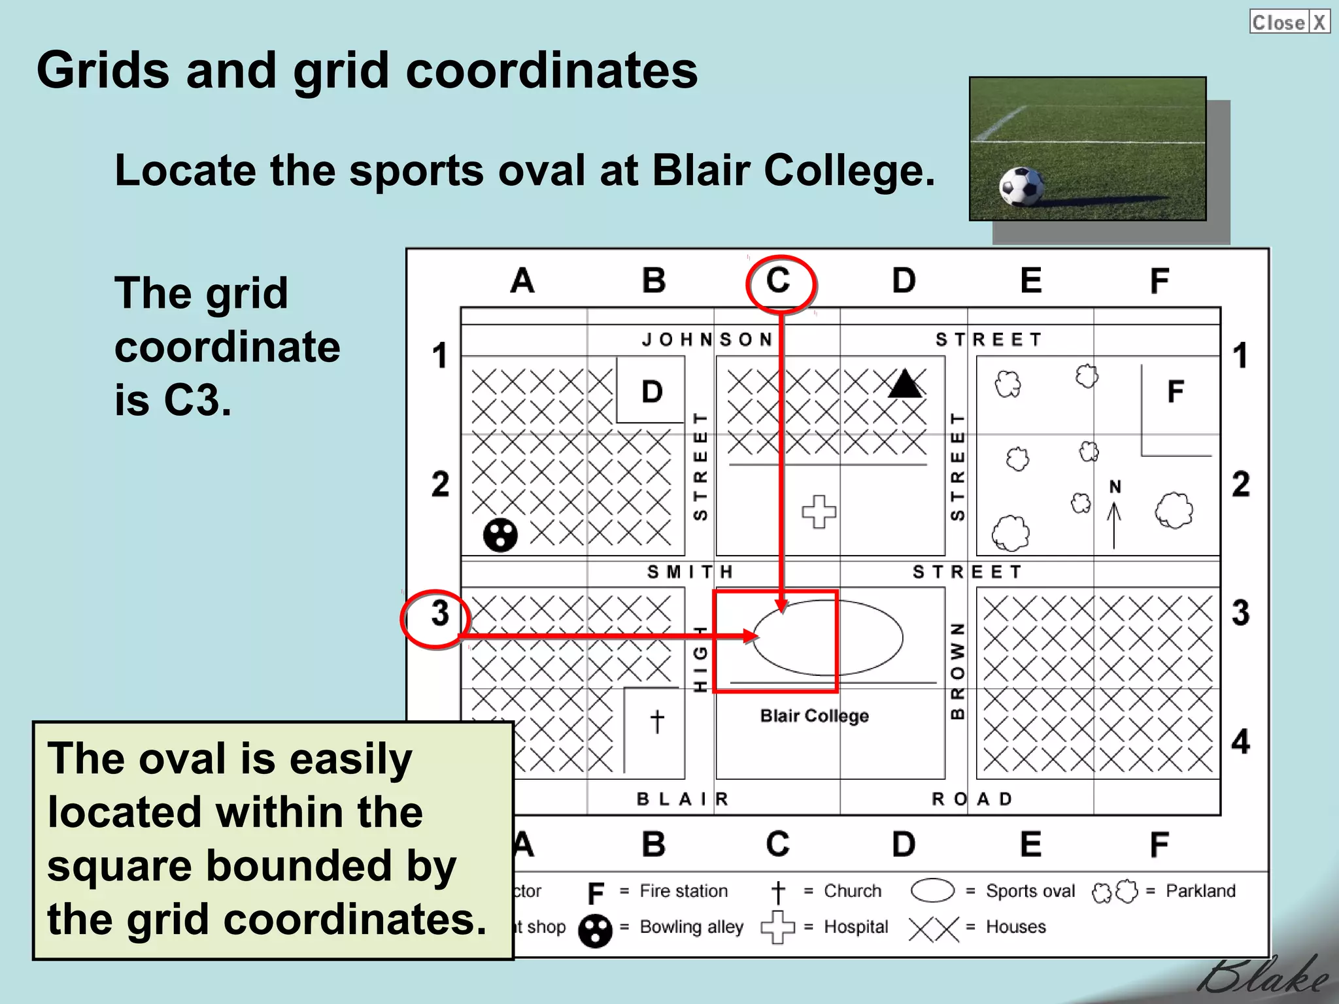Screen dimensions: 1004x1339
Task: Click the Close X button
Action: [1289, 22]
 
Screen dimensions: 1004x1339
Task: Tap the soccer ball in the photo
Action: [1021, 186]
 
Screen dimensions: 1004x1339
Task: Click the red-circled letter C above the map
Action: [779, 282]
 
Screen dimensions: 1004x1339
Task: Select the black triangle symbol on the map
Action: [905, 384]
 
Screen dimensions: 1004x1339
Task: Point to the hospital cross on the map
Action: [819, 511]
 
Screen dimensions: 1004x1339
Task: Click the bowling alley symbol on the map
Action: [500, 535]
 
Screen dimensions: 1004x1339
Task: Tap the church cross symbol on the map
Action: [657, 722]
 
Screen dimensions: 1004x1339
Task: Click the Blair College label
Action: [814, 716]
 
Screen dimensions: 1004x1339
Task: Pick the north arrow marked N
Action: [1115, 516]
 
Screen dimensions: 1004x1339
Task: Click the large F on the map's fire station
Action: [1176, 392]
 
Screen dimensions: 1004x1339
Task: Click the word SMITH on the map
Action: [690, 573]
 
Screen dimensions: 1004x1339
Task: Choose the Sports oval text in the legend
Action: [1030, 891]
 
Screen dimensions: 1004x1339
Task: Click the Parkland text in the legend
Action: [1200, 891]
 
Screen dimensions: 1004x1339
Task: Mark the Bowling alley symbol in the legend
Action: [595, 931]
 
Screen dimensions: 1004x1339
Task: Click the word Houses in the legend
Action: [1015, 927]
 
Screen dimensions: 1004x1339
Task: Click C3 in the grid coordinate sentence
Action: [197, 400]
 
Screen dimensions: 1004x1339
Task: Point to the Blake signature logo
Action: [1262, 979]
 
